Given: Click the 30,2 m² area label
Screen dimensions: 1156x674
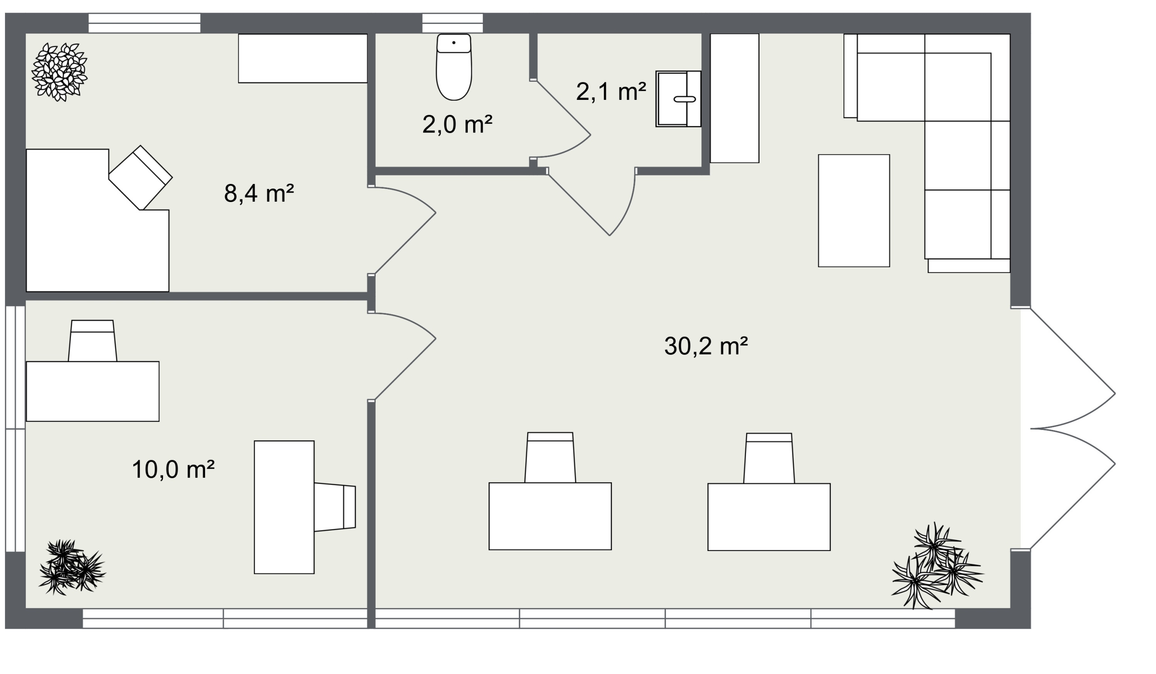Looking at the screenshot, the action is coord(706,346).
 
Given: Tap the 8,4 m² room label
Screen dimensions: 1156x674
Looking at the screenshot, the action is coord(259,193).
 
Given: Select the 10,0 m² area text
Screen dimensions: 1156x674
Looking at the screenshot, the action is coord(173,470).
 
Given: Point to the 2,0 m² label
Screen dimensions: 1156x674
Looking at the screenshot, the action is coord(457,124).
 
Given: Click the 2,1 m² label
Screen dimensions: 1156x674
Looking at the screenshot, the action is coord(611,91).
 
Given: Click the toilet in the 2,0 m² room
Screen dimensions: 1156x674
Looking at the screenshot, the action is coord(454,67).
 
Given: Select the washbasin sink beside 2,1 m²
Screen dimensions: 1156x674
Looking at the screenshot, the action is coord(678,99).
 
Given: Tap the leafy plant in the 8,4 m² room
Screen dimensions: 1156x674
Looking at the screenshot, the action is coord(59,72).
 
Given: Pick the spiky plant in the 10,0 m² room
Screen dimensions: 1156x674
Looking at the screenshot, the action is coord(72,567).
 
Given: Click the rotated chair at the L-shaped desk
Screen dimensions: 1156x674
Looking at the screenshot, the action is coord(140,178).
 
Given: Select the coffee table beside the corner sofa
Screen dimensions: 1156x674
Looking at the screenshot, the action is coord(854,211).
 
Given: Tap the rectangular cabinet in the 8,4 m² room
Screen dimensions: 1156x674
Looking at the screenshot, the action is coord(303,58).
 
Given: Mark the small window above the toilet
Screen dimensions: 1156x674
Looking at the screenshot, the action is coord(452,23).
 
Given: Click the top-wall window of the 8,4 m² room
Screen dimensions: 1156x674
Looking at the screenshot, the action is coord(144,23).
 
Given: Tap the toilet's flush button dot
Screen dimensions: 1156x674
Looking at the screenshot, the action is coord(454,42).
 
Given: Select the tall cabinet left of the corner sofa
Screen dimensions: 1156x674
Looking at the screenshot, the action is coord(734,98).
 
